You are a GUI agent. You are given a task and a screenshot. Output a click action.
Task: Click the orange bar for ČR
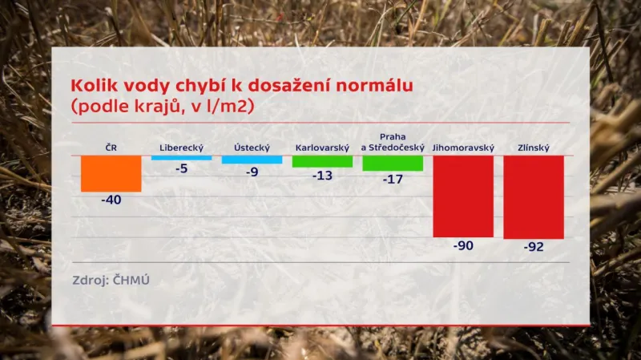point(111,173)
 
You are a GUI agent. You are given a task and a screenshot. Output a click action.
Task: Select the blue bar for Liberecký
point(182,158)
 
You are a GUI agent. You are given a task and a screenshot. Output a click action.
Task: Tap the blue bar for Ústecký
point(252,160)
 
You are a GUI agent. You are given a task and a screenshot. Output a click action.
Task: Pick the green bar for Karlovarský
point(322,161)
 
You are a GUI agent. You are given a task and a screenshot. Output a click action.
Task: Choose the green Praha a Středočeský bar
point(393,163)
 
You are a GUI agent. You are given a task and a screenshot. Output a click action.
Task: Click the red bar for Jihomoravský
point(463,196)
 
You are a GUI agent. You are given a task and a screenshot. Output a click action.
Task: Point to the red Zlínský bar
point(534,197)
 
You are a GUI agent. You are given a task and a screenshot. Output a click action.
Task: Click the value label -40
point(111,200)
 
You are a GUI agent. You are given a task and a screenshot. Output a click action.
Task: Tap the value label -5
point(182,168)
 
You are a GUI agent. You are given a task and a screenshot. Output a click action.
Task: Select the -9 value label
point(252,172)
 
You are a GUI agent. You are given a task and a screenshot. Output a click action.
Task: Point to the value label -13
point(322,175)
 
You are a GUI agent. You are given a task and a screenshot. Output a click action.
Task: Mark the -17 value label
point(393,179)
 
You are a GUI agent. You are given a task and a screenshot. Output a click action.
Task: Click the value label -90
point(463,245)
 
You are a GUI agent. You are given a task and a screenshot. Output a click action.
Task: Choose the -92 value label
point(534,247)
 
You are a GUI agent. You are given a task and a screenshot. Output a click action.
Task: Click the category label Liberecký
point(182,148)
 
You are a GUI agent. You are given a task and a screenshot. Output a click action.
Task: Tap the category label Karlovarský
point(322,148)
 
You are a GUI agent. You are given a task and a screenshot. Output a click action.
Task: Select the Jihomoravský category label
point(463,148)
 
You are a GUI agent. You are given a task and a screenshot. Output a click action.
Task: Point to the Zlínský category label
point(534,148)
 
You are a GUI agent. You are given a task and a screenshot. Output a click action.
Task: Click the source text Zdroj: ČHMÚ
point(111,280)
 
